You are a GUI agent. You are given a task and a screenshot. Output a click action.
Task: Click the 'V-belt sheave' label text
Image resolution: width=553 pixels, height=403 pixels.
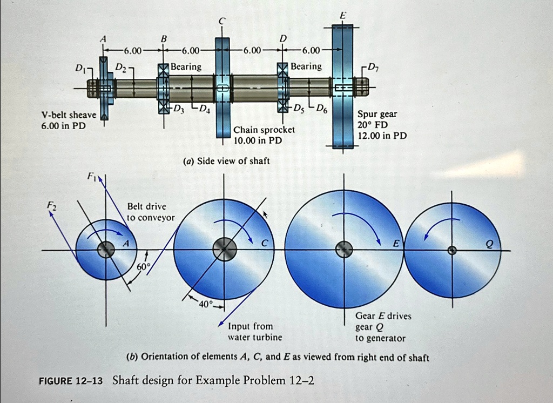[69, 115]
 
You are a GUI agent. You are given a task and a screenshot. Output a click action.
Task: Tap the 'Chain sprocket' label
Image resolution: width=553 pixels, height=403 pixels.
[264, 130]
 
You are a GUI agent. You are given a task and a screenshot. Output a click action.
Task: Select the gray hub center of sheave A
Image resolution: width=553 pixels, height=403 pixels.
[105, 250]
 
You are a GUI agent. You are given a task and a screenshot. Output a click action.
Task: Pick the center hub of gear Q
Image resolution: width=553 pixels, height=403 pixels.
[453, 250]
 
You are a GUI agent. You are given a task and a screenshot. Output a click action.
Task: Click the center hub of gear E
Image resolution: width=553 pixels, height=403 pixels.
[343, 250]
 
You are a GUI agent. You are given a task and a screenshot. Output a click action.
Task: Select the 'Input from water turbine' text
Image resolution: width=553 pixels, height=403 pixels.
[250, 332]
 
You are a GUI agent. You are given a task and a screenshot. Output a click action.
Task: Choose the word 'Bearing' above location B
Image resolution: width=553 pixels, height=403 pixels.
[186, 66]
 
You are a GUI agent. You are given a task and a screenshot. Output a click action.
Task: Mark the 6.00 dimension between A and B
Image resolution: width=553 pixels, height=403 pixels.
[132, 51]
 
